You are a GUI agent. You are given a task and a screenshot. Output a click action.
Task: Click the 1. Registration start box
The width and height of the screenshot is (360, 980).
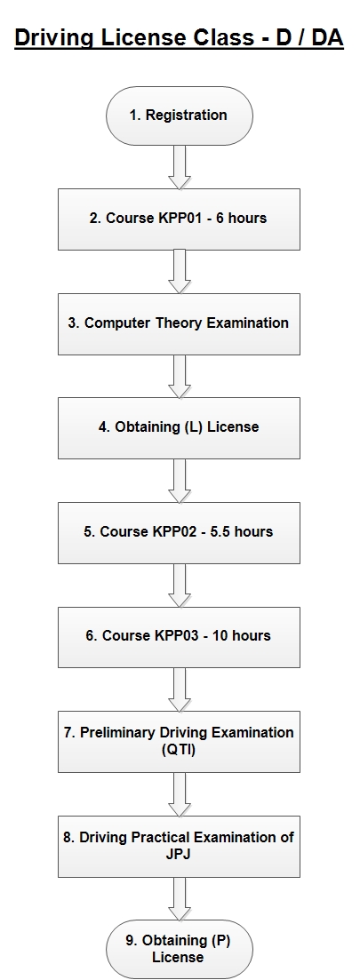[x=180, y=116]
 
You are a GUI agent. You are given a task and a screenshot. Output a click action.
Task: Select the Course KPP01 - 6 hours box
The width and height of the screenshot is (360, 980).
[x=180, y=219]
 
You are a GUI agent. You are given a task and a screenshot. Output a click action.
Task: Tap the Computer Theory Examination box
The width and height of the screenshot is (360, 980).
[x=180, y=323]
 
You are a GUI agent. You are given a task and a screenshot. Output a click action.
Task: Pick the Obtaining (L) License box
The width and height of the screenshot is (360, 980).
[x=180, y=428]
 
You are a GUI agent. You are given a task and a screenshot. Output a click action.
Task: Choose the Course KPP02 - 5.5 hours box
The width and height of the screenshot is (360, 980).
[x=180, y=532]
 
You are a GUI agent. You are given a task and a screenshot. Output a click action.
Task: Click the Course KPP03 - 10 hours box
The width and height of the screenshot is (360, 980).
[x=180, y=637]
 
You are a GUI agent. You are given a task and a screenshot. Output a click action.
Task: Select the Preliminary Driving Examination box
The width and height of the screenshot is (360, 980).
[x=180, y=741]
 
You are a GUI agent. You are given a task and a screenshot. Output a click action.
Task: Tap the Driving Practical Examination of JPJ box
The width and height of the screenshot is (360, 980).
[x=180, y=846]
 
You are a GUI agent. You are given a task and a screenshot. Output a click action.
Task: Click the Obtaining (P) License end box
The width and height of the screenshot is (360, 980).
[x=180, y=949]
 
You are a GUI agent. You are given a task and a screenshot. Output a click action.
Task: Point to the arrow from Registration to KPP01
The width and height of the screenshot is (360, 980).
[x=180, y=168]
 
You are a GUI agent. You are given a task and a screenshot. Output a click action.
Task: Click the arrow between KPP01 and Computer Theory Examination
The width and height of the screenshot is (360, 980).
[x=180, y=271]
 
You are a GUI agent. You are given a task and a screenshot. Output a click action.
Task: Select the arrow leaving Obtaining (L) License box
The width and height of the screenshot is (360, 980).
[x=180, y=481]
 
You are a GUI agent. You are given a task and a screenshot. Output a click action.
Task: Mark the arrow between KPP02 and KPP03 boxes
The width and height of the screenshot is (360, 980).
[x=180, y=585]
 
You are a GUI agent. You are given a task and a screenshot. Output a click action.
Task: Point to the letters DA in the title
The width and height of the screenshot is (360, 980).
[x=327, y=37]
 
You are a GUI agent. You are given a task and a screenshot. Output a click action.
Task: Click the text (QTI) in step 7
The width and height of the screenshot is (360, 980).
[x=179, y=750]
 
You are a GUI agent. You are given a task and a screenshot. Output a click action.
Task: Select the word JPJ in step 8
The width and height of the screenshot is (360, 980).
[x=180, y=855]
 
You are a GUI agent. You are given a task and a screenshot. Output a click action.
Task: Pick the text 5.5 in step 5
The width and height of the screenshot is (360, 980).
[x=221, y=532]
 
